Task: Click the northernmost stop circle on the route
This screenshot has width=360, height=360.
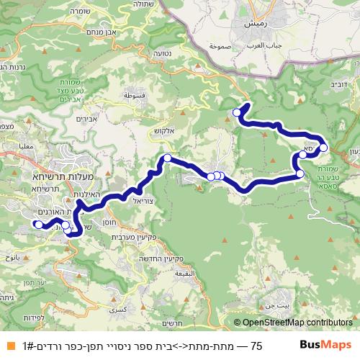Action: [237, 112]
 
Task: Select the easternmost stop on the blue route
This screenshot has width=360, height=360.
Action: [323, 148]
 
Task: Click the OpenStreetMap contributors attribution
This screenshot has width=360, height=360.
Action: [295, 323]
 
